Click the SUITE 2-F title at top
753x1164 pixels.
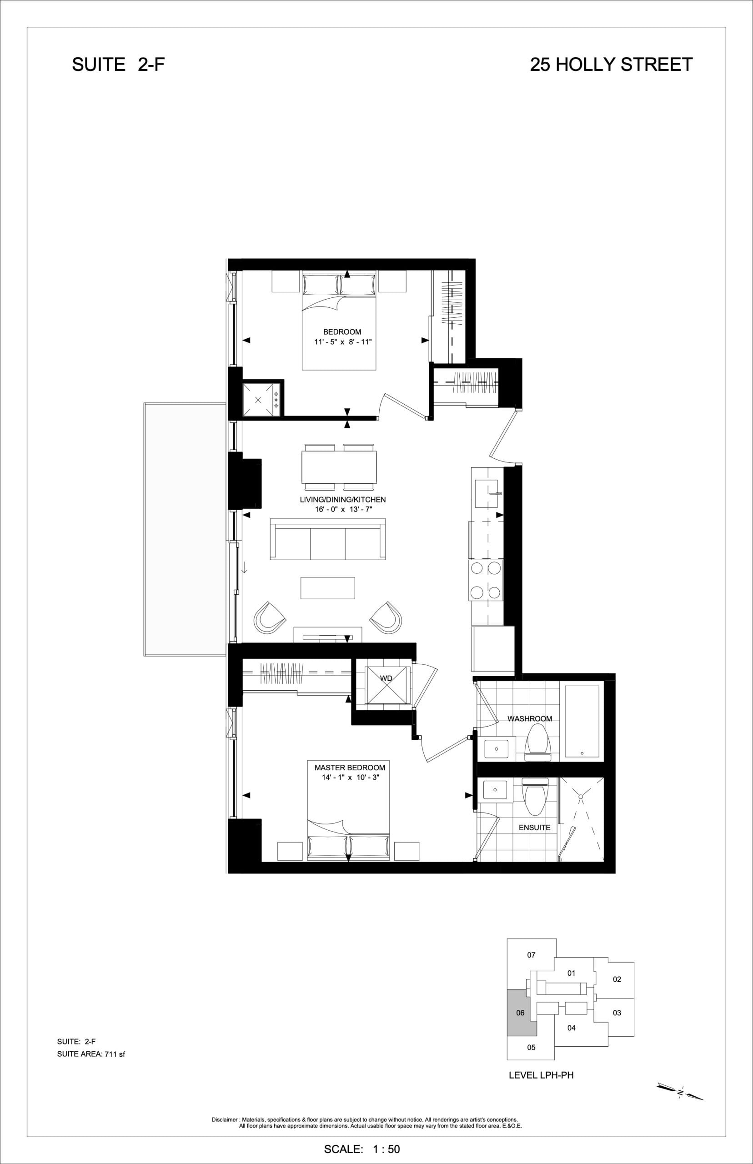point(118,65)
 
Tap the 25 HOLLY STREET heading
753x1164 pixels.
point(611,65)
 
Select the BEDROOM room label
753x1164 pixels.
point(342,332)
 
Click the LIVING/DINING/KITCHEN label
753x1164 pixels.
point(343,500)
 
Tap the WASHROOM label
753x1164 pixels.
point(530,719)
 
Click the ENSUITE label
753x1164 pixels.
point(534,828)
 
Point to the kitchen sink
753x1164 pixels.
point(487,494)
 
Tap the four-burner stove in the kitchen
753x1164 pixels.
point(486,581)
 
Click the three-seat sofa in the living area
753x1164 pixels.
point(327,539)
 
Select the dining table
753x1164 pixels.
point(339,467)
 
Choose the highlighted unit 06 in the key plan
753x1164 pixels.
point(521,1013)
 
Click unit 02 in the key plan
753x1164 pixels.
point(617,979)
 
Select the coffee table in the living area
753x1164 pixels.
point(327,588)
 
